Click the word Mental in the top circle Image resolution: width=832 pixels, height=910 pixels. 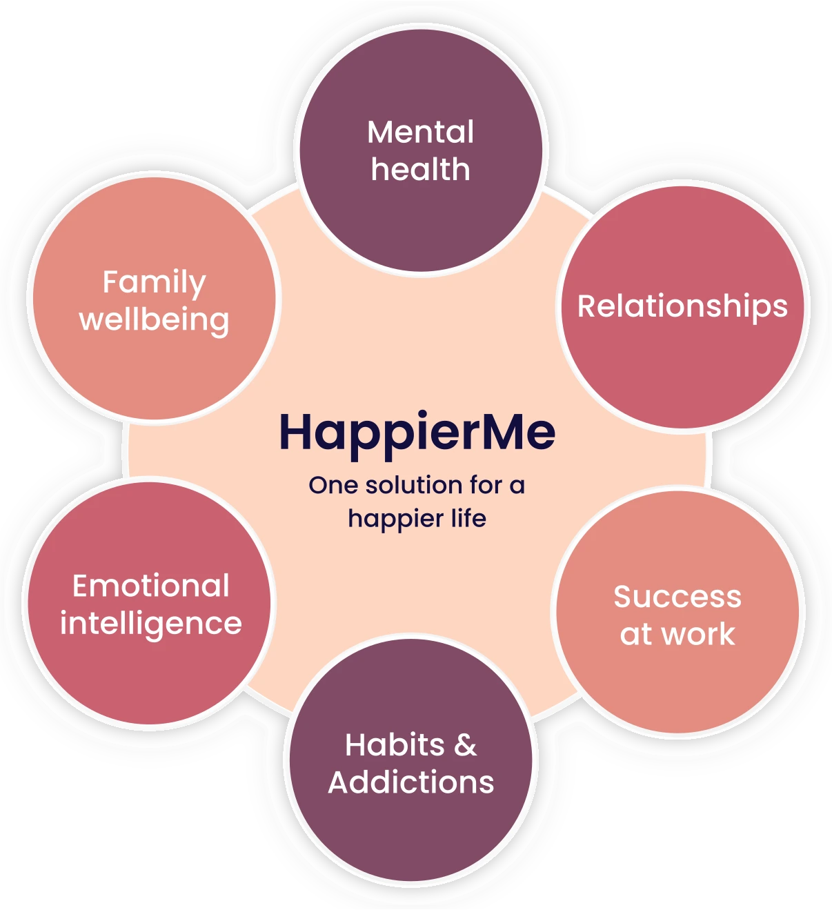pos(420,132)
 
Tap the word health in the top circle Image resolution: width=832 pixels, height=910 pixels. pos(420,170)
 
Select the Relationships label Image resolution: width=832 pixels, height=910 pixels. pos(682,306)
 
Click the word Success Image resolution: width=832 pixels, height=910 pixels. pos(677,597)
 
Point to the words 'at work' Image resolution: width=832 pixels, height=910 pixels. pos(677,634)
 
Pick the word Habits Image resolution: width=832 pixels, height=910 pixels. pos(395,745)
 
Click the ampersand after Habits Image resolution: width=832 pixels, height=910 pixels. pos(466,745)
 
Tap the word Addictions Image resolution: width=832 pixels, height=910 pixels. pos(411,782)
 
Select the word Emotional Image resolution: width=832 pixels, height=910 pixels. pos(151,586)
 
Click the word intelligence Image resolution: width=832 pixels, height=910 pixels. pos(151,624)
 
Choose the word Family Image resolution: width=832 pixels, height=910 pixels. pos(155,283)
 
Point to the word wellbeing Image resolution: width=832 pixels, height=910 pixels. pos(155,320)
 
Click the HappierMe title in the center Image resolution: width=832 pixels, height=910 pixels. pos(417,433)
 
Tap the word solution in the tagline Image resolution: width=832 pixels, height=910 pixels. pos(414,485)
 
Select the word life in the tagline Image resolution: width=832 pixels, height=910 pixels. pos(468,518)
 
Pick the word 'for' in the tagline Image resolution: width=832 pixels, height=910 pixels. pos(486,485)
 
